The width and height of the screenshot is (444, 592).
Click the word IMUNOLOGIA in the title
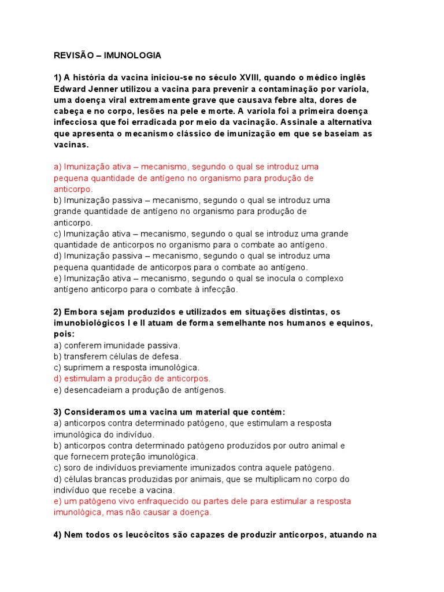pos(133,55)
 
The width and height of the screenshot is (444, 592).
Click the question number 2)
pos(58,312)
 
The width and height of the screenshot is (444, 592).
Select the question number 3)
pos(58,412)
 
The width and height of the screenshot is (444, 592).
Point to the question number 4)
pos(58,535)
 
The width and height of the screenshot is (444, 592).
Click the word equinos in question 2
pos(354,323)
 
